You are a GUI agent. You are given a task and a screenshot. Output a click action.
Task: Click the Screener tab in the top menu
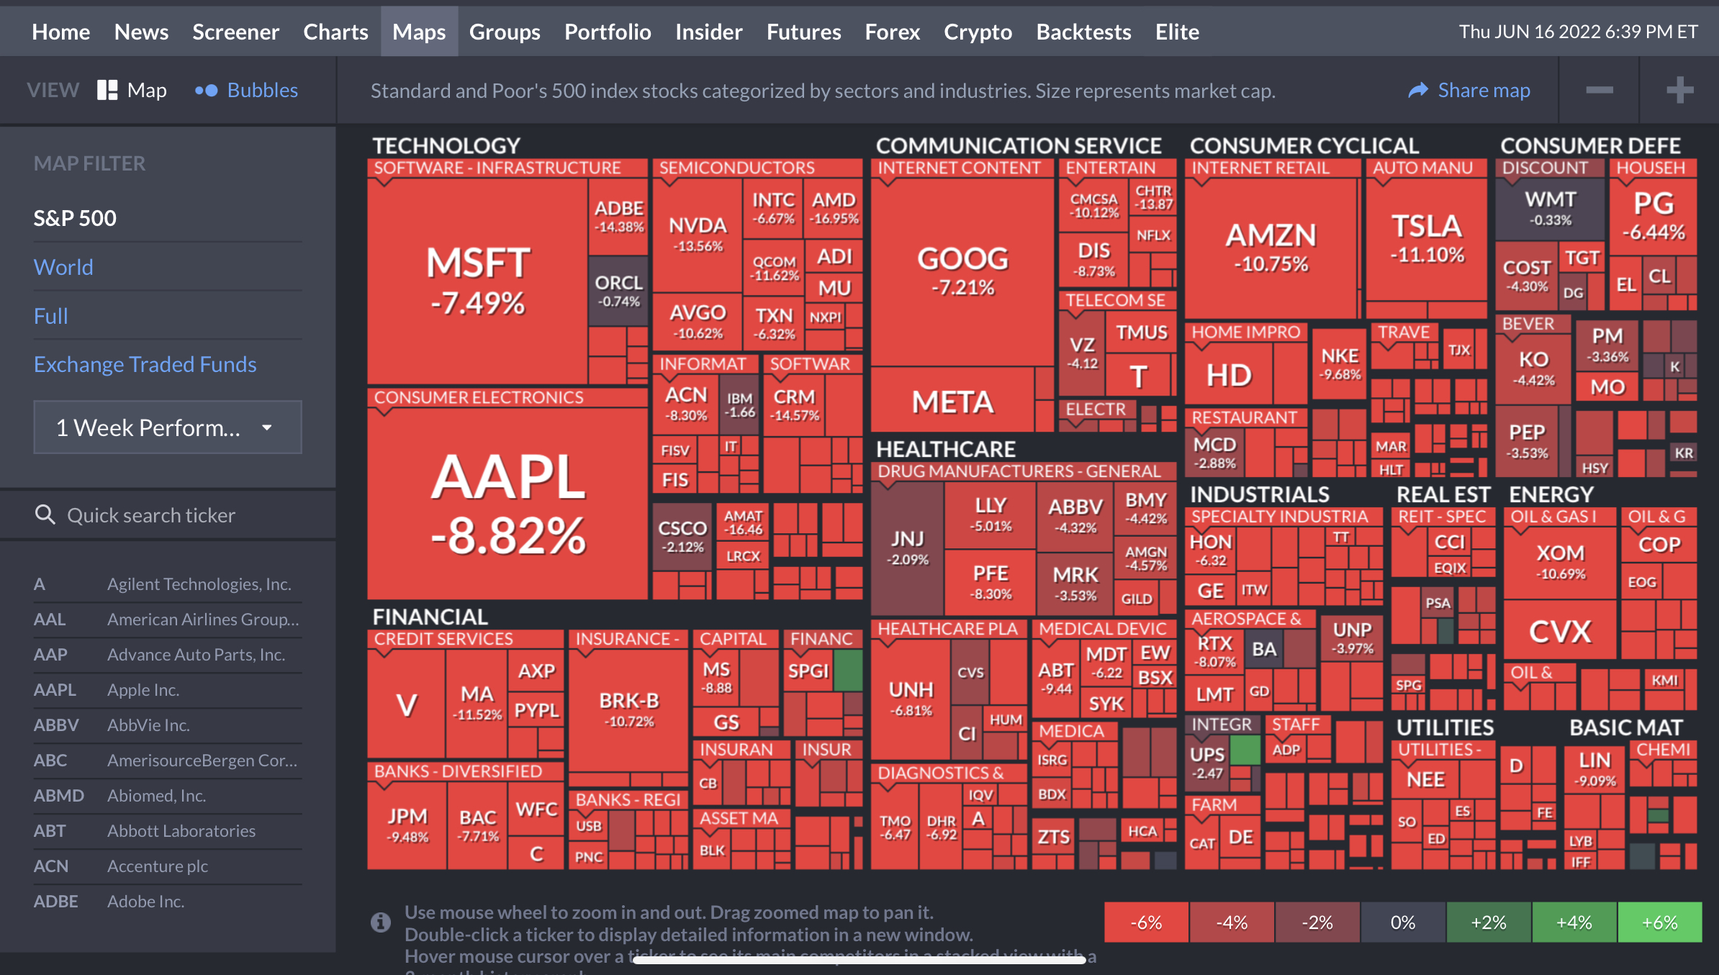(235, 32)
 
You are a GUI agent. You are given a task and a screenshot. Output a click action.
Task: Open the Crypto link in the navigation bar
(978, 32)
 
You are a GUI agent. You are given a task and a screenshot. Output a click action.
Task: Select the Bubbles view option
(247, 90)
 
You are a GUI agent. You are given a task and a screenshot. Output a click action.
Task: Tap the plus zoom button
(1679, 90)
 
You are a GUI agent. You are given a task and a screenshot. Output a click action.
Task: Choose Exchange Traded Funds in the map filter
(145, 364)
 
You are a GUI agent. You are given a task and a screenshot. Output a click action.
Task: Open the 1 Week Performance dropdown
(168, 427)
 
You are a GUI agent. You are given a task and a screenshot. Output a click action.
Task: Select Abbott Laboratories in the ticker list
(181, 831)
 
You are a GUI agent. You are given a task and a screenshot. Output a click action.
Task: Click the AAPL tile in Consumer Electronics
(507, 504)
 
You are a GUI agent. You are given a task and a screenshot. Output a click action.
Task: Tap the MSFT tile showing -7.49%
(477, 281)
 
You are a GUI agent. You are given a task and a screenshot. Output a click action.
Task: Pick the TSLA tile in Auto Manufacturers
(1427, 237)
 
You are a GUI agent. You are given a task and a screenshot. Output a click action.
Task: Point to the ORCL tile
(618, 290)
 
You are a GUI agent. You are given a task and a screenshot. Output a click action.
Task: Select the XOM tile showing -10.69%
(1560, 561)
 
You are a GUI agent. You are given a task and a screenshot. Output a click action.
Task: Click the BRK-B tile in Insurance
(629, 709)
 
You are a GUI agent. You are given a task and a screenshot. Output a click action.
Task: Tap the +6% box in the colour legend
(1659, 922)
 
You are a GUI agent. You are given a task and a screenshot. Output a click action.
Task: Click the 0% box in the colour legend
(1402, 922)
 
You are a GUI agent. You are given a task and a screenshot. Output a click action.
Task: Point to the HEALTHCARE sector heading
(945, 449)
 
